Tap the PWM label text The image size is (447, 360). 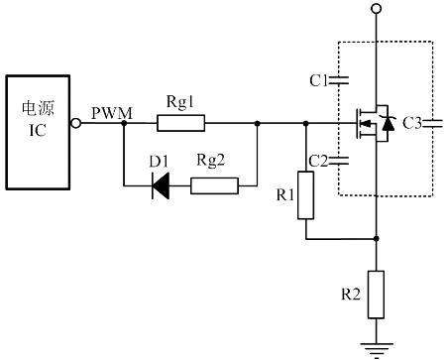(110, 112)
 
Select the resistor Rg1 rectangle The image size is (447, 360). (181, 124)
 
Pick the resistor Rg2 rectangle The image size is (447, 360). (214, 184)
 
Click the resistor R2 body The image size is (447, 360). (376, 295)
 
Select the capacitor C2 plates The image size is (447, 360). (342, 160)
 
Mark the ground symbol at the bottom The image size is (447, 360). (376, 347)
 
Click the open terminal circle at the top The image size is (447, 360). (376, 9)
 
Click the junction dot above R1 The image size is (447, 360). (306, 124)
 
